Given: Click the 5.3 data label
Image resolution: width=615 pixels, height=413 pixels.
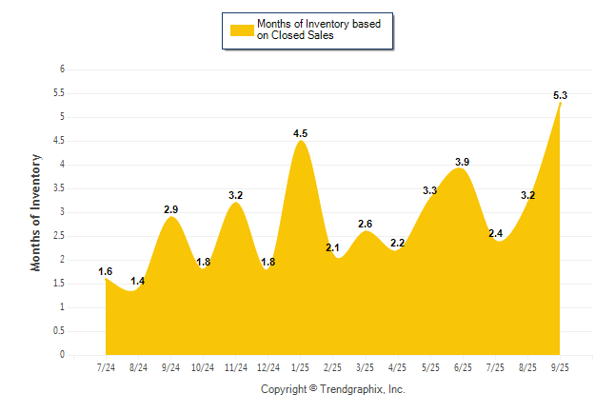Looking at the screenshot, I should [560, 95].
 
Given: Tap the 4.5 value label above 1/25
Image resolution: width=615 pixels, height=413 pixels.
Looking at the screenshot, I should [301, 133].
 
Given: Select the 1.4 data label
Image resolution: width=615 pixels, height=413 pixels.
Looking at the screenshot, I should [137, 282].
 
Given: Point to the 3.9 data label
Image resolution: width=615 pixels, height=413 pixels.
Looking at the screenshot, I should [462, 162].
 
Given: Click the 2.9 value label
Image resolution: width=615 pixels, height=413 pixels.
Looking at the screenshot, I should [171, 208].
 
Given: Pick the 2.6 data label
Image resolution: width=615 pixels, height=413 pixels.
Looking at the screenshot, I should [366, 224].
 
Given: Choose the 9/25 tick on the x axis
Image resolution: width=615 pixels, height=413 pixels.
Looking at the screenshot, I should [560, 367].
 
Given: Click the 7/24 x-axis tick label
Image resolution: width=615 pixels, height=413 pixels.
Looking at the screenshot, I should [107, 367].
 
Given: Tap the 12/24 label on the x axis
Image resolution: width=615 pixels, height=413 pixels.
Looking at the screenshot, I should [268, 367].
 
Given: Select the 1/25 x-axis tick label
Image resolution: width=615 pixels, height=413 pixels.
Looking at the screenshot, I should [301, 367].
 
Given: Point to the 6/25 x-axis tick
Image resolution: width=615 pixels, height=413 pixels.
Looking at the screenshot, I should [463, 367].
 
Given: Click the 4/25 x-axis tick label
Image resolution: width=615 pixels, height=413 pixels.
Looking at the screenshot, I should [398, 367].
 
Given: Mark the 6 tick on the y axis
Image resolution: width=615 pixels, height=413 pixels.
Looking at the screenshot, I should [62, 69].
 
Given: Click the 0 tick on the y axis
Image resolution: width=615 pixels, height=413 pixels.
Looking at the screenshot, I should [62, 355].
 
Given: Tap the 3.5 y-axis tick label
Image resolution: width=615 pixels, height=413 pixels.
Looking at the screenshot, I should [59, 188].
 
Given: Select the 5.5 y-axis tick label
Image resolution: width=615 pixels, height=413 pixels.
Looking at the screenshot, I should [59, 93].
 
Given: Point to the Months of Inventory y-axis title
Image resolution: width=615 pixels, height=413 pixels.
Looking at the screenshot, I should [36, 212].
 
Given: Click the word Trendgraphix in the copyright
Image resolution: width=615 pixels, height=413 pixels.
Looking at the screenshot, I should [351, 389].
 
